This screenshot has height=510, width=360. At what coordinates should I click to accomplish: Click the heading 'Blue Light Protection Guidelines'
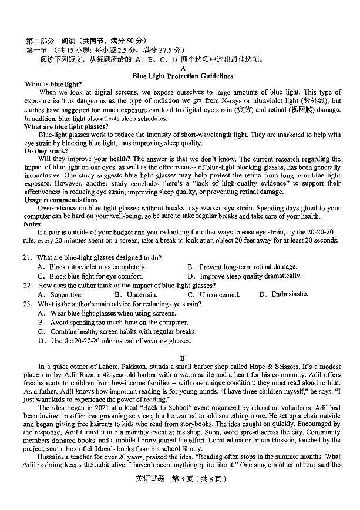click(x=183, y=76)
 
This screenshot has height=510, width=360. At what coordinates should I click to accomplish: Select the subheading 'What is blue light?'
click(x=53, y=85)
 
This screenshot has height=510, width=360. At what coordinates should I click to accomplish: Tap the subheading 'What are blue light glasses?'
click(x=66, y=126)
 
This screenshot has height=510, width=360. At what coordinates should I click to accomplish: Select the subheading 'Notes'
click(x=33, y=224)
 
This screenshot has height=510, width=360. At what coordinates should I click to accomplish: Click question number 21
click(x=28, y=257)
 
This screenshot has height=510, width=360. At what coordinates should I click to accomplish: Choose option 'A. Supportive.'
click(x=60, y=294)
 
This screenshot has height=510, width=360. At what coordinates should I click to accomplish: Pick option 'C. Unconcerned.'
click(x=213, y=294)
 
